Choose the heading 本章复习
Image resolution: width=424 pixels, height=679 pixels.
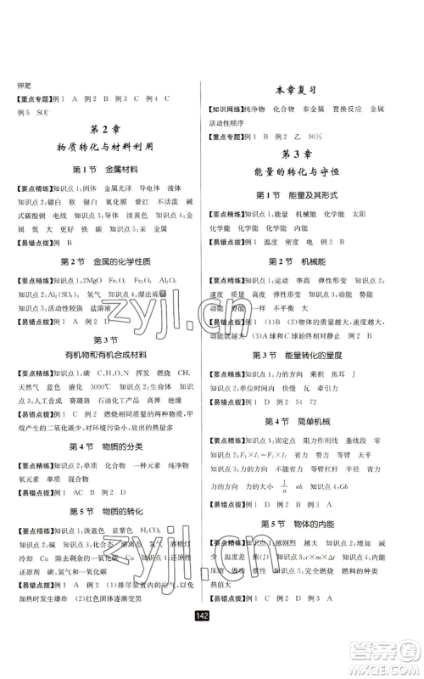click(x=307, y=91)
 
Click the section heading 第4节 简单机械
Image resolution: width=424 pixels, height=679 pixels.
click(x=307, y=421)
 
